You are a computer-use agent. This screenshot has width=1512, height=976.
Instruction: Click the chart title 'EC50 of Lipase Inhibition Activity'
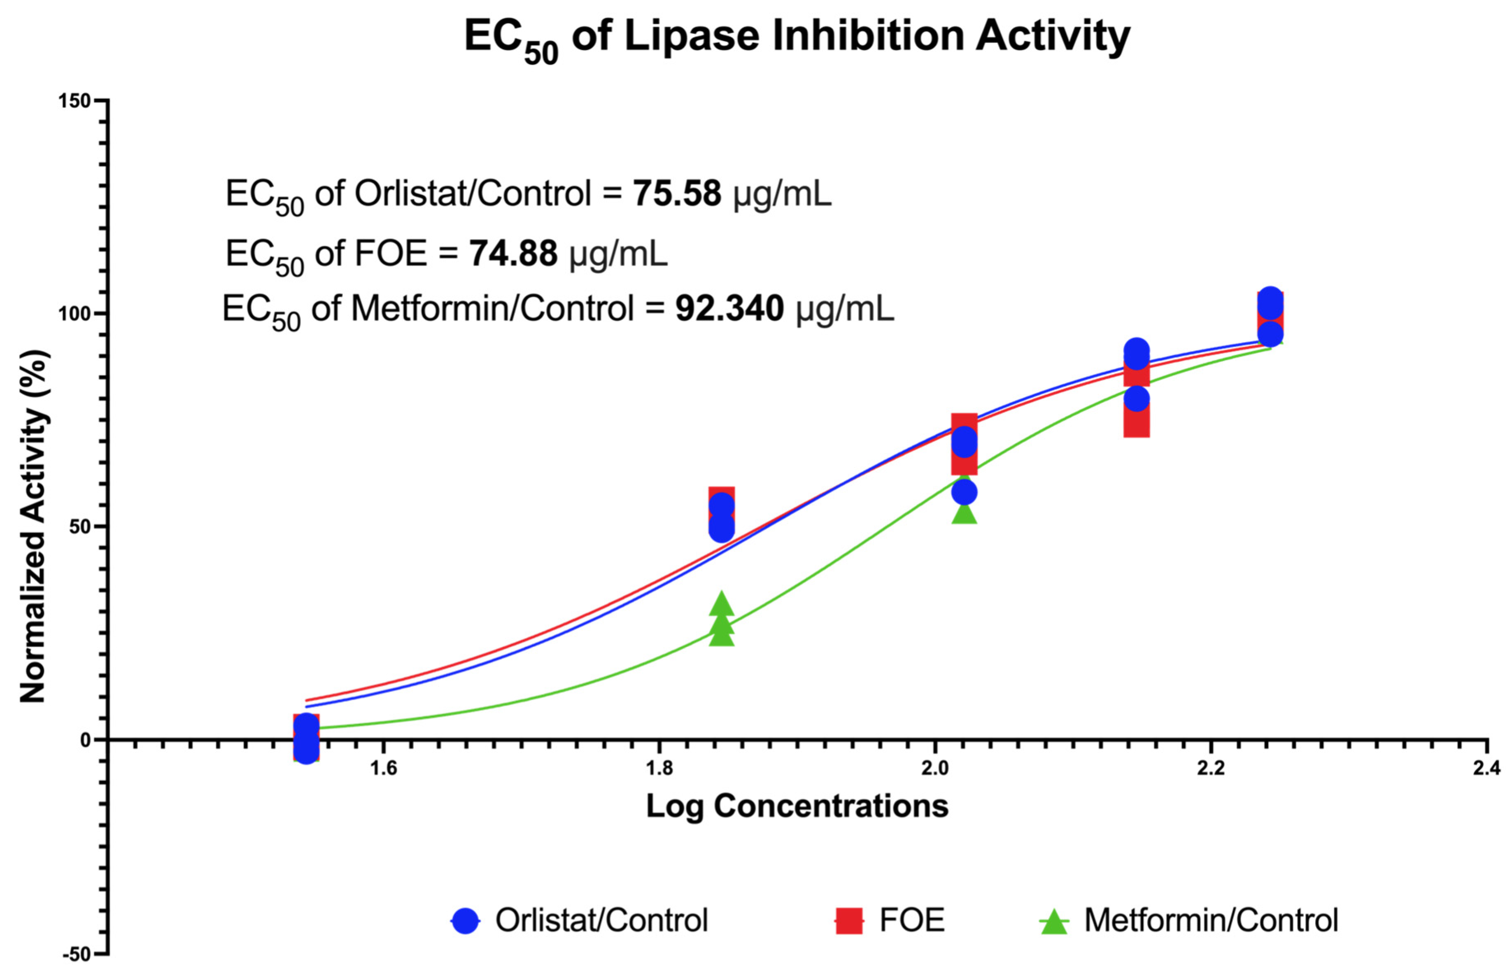tap(797, 37)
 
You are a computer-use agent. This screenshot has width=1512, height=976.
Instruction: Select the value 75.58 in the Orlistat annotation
tap(676, 193)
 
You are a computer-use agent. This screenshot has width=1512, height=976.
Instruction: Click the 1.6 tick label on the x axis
tap(383, 768)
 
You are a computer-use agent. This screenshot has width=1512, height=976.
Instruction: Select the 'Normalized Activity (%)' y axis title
tap(33, 526)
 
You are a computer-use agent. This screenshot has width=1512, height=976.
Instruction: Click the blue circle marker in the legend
tap(465, 920)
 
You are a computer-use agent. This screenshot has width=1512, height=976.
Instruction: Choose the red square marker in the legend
tap(848, 920)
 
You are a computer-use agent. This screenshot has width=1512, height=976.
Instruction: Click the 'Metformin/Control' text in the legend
tap(1210, 920)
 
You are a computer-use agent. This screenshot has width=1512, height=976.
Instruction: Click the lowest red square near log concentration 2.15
tap(1136, 423)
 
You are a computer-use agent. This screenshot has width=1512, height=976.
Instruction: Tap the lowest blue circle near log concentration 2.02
tap(964, 492)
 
